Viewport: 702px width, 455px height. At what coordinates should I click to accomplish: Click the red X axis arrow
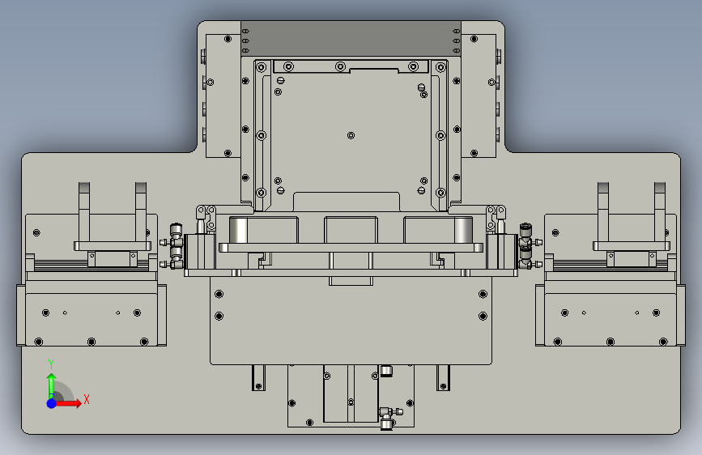(x=67, y=403)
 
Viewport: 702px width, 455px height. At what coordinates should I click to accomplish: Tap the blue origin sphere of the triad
(x=52, y=403)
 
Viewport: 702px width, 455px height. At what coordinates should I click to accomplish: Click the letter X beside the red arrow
(x=87, y=399)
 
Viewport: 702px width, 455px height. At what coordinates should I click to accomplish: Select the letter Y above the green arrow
(x=51, y=364)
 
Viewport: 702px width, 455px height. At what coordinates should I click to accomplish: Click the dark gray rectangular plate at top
(x=351, y=39)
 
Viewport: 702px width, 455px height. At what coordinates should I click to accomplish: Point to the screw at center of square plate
(x=351, y=135)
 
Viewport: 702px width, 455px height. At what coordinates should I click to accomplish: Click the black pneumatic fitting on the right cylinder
(x=526, y=246)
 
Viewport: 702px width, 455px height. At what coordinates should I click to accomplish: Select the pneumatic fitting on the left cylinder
(x=175, y=246)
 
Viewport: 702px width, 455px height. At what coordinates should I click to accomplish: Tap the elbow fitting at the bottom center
(x=388, y=418)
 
